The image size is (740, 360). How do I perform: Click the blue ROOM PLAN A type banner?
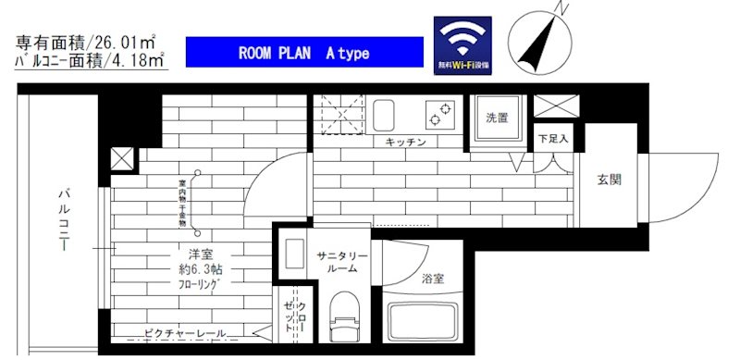click(304, 53)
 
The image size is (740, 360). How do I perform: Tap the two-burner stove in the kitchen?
click(439, 116)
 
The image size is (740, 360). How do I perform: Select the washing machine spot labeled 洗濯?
click(498, 118)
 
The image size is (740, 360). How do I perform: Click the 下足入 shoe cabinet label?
click(554, 139)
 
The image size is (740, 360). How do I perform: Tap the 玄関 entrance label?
click(609, 179)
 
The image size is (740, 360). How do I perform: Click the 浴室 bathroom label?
click(432, 277)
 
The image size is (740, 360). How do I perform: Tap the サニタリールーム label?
click(341, 262)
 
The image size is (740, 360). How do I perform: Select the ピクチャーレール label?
click(185, 332)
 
